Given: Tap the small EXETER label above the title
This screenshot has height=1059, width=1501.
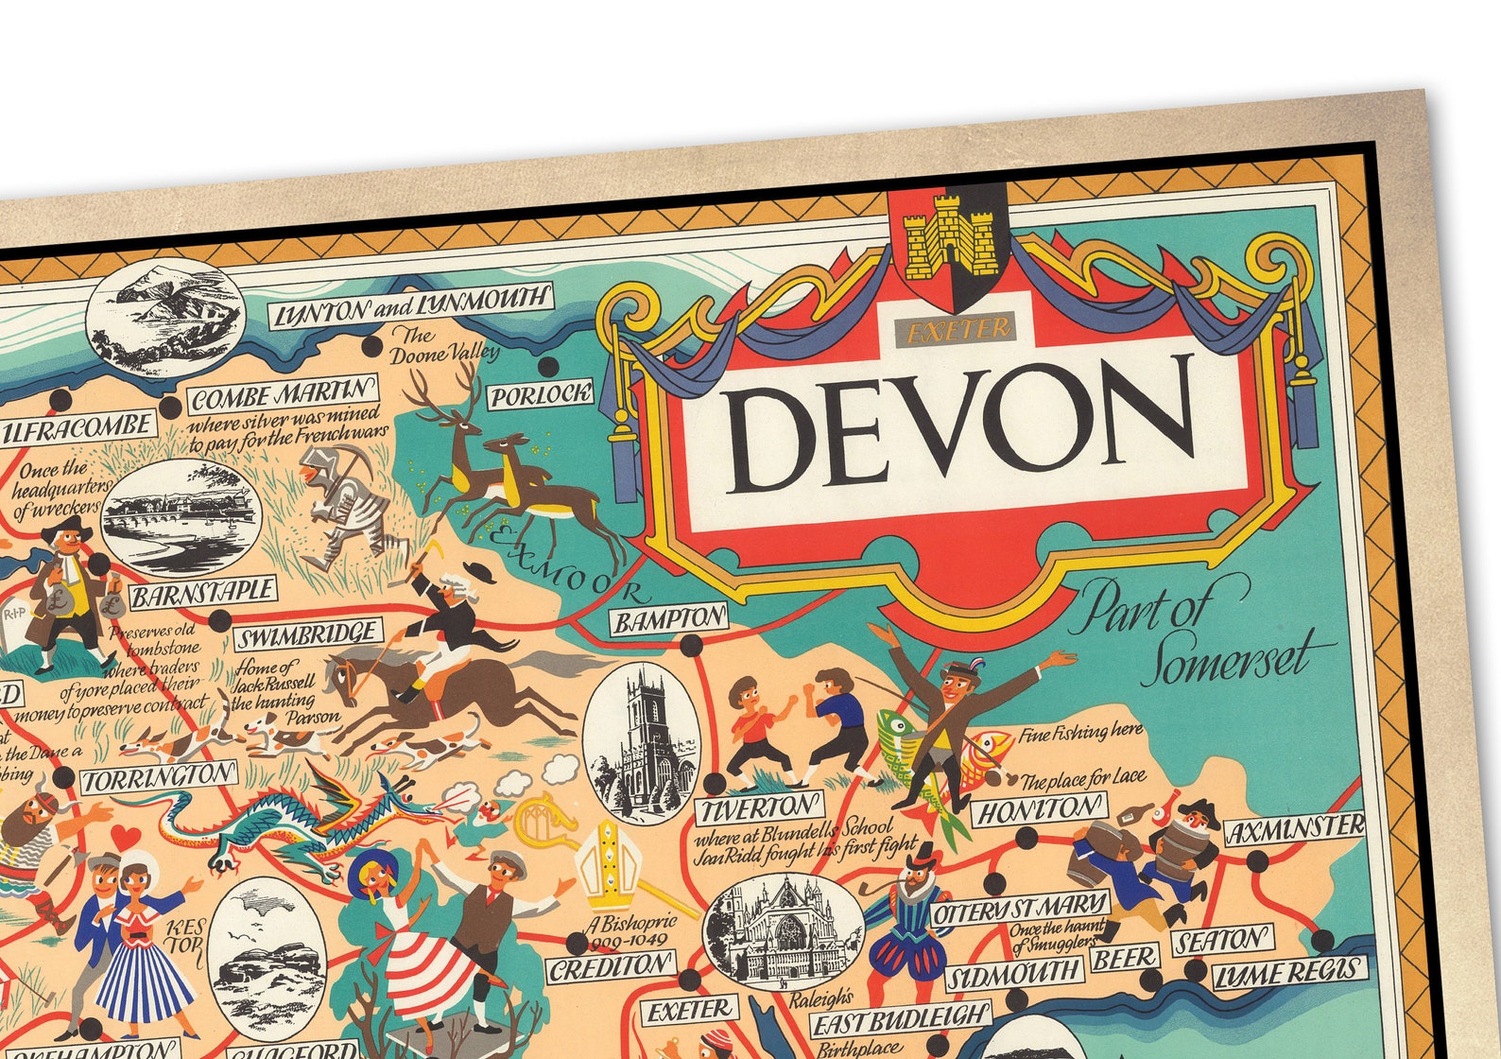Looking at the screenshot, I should (x=958, y=329).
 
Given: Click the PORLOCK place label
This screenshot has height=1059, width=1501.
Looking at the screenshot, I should (x=541, y=395).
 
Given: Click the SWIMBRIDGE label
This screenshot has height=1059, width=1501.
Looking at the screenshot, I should (x=307, y=632).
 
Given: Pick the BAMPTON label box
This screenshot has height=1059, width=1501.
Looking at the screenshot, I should (x=670, y=619).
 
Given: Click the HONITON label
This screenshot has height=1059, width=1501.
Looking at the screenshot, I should (x=1039, y=809).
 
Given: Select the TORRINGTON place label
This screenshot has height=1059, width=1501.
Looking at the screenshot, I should (x=158, y=778).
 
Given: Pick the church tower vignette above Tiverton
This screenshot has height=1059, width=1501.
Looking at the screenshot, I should (x=642, y=741).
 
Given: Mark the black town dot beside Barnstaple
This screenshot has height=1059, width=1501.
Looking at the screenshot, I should (x=219, y=621).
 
